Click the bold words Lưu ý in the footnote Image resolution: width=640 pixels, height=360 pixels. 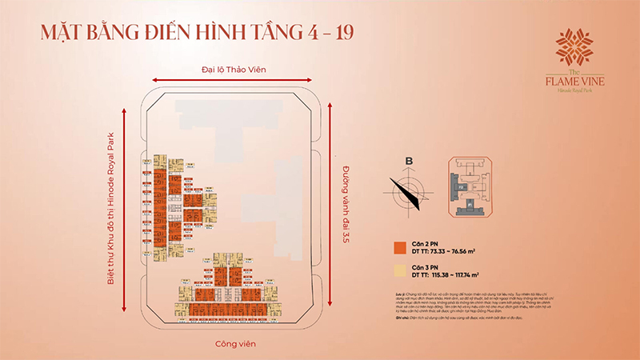click(400, 294)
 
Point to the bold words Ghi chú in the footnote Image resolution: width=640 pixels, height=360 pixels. click(402, 319)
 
